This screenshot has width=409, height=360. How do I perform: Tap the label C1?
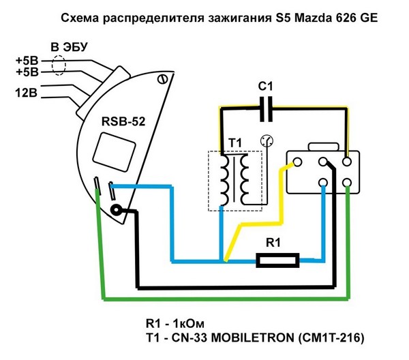point(267,87)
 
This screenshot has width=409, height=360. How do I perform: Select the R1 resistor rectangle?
point(277,259)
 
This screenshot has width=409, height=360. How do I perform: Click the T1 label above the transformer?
point(234,141)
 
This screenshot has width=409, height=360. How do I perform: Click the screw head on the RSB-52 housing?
point(162,80)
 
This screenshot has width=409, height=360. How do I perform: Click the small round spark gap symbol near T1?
point(267,142)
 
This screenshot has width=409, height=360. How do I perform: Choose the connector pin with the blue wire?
point(322,182)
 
